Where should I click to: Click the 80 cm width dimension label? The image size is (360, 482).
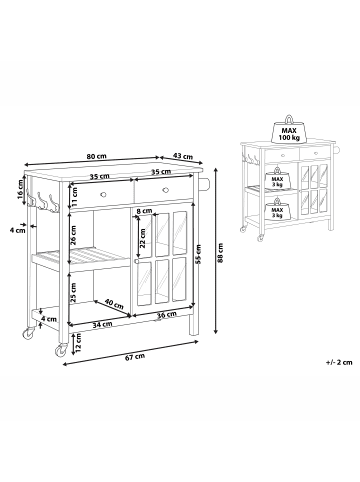click(96, 156)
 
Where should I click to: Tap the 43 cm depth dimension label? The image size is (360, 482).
click(183, 156)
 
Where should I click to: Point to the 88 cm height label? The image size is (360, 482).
click(221, 253)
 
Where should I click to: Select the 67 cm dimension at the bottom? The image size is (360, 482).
click(135, 357)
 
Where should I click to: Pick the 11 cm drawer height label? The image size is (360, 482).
click(74, 197)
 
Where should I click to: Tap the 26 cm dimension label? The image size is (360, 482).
click(73, 235)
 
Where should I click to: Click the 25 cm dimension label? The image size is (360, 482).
click(73, 292)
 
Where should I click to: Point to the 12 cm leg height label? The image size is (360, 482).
click(78, 343)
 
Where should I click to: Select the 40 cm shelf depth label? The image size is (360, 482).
click(114, 303)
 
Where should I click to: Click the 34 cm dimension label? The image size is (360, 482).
click(102, 324)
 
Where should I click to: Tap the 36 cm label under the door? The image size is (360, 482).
click(167, 315)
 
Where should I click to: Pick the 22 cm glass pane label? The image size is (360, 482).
click(142, 238)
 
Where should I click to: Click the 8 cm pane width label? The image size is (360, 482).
click(144, 211)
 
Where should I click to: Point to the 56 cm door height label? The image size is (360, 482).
click(198, 254)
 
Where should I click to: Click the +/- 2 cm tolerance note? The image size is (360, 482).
click(339, 362)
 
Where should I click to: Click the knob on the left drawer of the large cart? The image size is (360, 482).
click(103, 194)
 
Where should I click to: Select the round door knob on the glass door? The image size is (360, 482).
click(136, 262)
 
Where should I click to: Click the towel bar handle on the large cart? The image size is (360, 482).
click(205, 184)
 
